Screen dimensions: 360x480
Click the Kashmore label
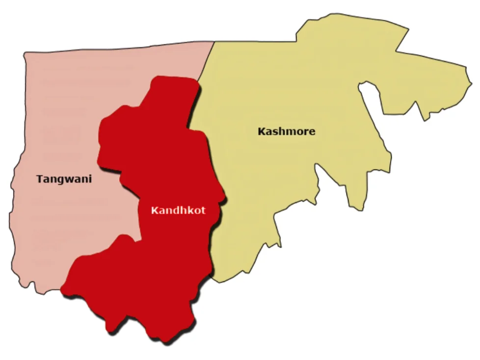[286, 131]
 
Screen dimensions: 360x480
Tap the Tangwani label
[64, 179]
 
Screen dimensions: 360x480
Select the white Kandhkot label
[178, 210]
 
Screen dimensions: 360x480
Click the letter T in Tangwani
[39, 179]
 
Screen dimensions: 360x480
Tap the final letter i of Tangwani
[90, 179]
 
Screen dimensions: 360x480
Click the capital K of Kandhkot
[154, 210]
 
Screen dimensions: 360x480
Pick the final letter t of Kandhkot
[203, 211]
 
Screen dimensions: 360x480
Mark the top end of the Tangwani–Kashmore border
[214, 42]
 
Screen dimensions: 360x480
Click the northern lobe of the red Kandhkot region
[172, 93]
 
